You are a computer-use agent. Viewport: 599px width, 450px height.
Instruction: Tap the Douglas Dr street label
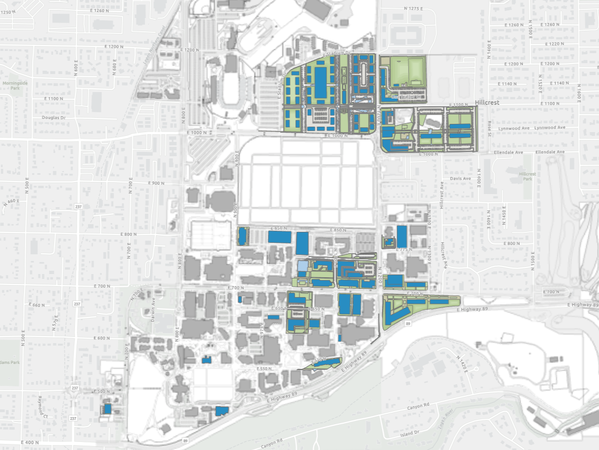(53, 117)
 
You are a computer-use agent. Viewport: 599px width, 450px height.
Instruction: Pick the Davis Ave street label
(460, 178)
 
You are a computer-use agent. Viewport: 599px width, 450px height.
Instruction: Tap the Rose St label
(491, 126)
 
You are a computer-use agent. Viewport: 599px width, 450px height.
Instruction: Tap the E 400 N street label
(30, 442)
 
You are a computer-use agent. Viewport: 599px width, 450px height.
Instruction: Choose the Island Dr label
(409, 432)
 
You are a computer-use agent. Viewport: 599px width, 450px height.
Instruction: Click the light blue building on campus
(302, 266)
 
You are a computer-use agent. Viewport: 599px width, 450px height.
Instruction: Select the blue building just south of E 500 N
(108, 408)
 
